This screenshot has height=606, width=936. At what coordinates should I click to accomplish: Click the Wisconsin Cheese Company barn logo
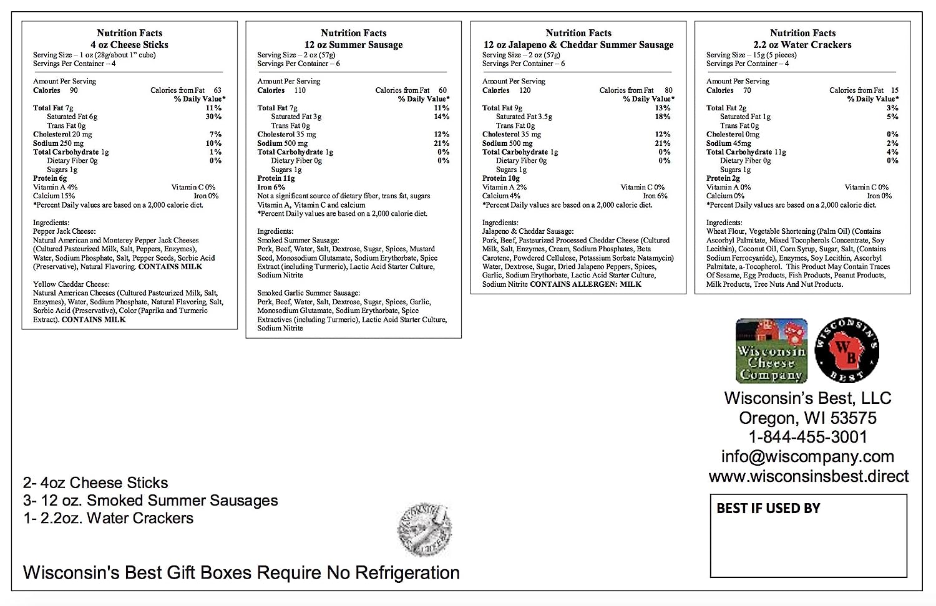pyautogui.click(x=771, y=350)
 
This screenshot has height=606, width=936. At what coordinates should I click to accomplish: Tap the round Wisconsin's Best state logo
pyautogui.click(x=846, y=350)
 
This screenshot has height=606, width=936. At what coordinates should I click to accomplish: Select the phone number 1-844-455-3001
pyautogui.click(x=808, y=437)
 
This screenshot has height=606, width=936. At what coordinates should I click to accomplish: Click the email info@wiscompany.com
pyautogui.click(x=807, y=456)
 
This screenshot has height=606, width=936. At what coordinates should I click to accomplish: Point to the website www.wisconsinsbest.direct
pyautogui.click(x=808, y=476)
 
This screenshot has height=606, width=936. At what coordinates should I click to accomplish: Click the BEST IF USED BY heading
pyautogui.click(x=768, y=508)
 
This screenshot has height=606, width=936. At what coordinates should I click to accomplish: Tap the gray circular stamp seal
pyautogui.click(x=424, y=531)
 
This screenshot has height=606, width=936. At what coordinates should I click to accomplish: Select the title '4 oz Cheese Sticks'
pyautogui.click(x=129, y=45)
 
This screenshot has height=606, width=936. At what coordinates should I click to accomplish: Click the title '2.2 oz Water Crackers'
pyautogui.click(x=802, y=45)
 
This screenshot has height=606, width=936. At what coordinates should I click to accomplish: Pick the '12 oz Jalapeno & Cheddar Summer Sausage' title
pyautogui.click(x=578, y=45)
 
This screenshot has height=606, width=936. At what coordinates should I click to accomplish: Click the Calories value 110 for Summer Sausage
pyautogui.click(x=300, y=90)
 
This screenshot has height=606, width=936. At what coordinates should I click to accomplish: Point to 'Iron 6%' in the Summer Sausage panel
pyautogui.click(x=271, y=187)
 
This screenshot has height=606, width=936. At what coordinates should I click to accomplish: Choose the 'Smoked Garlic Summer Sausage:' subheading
pyautogui.click(x=308, y=293)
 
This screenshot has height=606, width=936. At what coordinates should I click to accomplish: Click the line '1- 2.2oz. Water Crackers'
pyautogui.click(x=108, y=518)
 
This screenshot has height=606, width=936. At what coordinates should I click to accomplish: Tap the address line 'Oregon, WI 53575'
pyautogui.click(x=807, y=418)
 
